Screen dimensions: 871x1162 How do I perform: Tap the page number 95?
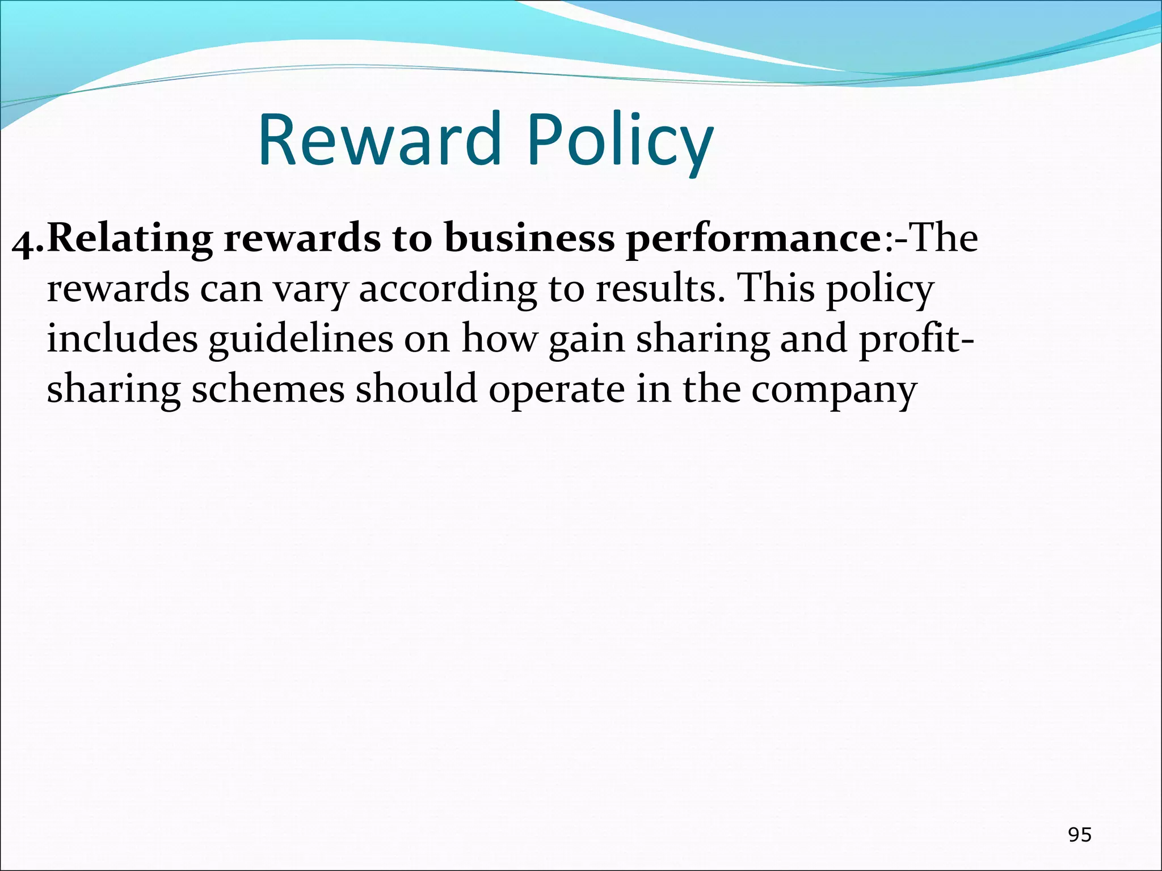(1079, 835)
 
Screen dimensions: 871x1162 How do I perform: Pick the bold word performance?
(752, 239)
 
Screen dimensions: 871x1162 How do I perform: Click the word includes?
(122, 339)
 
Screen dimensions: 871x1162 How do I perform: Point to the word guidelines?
(301, 340)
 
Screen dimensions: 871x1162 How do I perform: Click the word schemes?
(268, 390)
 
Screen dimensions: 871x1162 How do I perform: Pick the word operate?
(556, 391)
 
